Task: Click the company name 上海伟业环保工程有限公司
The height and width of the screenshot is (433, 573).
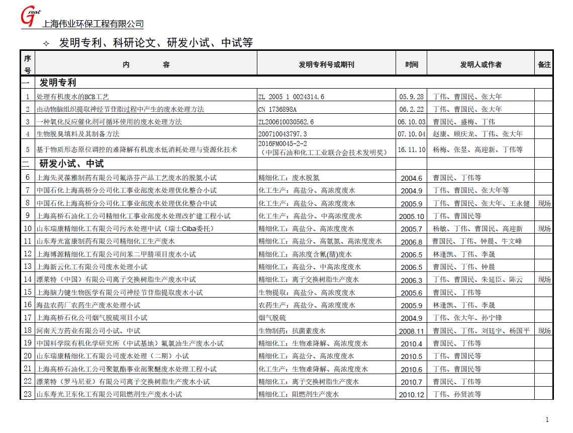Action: click(x=93, y=24)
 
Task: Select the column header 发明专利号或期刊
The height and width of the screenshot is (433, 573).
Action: click(x=326, y=64)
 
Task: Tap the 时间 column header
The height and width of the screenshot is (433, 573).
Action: click(x=412, y=64)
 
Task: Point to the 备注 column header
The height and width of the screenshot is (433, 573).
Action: click(x=544, y=64)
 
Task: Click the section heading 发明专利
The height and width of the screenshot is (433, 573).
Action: click(x=58, y=83)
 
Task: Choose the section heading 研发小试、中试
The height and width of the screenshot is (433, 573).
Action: click(x=71, y=164)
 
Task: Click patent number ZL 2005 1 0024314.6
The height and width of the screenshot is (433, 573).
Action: click(x=291, y=97)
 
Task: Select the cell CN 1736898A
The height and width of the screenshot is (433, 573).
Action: click(x=277, y=109)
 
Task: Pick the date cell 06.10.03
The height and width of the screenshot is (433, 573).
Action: click(x=412, y=122)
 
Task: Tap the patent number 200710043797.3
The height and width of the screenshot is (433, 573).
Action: click(x=282, y=134)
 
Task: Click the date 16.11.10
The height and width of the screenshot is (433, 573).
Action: click(x=412, y=150)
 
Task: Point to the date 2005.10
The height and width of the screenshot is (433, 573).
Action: click(x=412, y=216)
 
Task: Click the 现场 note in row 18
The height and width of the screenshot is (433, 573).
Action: click(x=544, y=331)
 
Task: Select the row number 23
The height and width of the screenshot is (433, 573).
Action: click(x=28, y=394)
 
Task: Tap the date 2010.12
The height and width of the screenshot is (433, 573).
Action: click(x=412, y=395)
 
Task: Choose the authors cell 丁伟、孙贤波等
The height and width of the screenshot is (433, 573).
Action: click(x=457, y=395)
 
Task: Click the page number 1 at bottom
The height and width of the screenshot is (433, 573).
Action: click(x=547, y=420)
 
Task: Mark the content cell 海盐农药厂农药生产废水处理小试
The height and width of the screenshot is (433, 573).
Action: click(x=88, y=305)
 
